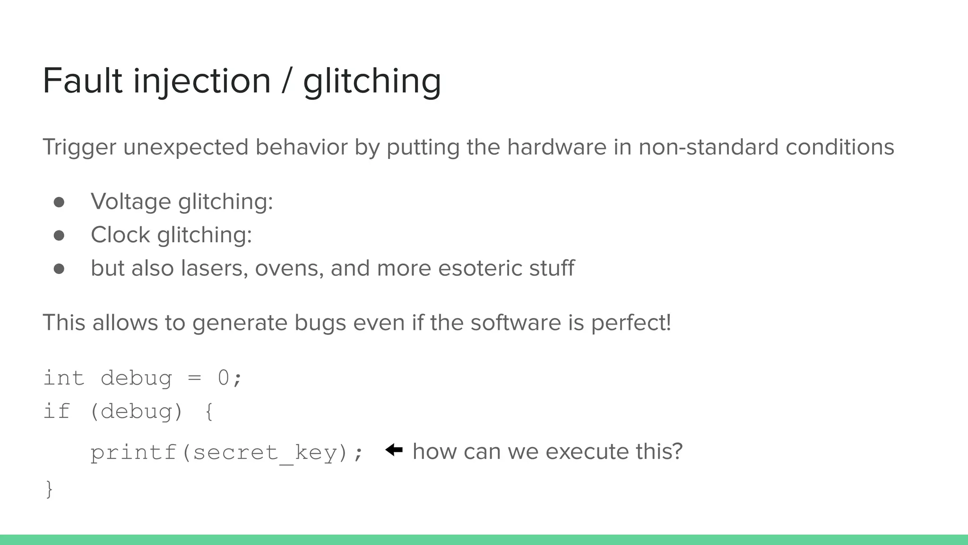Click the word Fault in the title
click(83, 81)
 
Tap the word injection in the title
click(202, 82)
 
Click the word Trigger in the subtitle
click(79, 147)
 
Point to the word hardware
click(556, 147)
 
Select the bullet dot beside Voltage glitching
click(59, 202)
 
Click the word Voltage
click(131, 202)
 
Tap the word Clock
click(120, 235)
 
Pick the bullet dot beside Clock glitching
click(59, 236)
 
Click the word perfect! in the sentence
click(631, 323)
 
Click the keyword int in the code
click(64, 378)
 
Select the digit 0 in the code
click(223, 378)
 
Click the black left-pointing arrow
click(394, 450)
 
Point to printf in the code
click(134, 453)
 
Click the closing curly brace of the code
click(49, 489)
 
